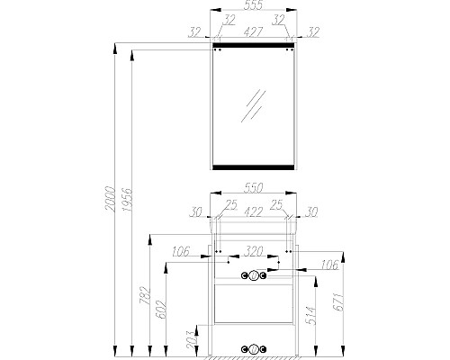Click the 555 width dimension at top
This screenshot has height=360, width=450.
(253, 5)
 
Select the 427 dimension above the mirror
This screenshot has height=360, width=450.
(253, 31)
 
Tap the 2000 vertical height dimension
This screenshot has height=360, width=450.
(111, 199)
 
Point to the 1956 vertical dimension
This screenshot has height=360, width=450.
(128, 200)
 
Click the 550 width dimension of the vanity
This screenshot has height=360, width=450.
(253, 188)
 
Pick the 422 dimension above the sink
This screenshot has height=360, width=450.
(253, 211)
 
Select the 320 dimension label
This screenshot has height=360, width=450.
(254, 251)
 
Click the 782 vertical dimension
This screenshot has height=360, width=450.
(145, 295)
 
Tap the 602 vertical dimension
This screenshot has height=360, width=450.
(161, 309)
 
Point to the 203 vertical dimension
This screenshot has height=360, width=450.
(191, 339)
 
